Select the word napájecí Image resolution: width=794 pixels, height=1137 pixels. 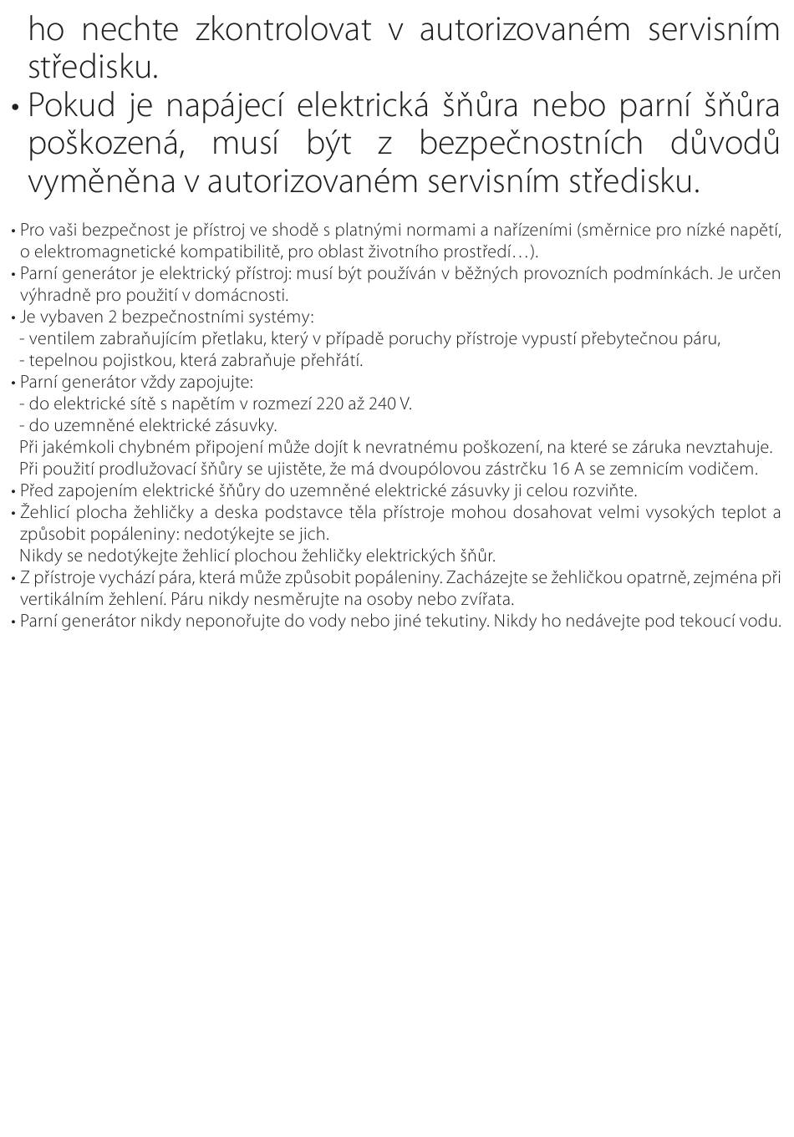pyautogui.click(x=222, y=106)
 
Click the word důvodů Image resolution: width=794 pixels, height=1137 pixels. pyautogui.click(x=725, y=144)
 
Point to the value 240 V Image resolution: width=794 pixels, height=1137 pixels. pyautogui.click(x=389, y=404)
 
